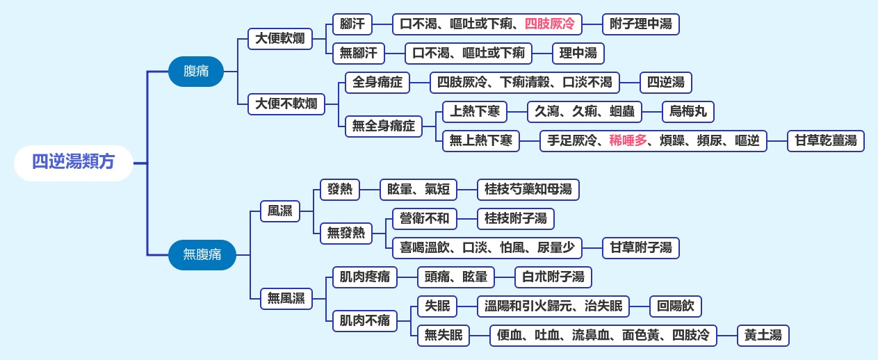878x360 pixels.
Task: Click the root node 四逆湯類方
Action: pos(73,163)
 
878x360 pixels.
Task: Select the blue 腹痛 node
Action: pos(195,71)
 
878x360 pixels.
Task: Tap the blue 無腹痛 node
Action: pos(202,254)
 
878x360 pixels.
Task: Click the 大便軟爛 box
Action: pos(279,38)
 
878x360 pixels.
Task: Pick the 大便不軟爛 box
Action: pos(286,104)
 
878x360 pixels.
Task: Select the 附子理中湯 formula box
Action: pos(640,24)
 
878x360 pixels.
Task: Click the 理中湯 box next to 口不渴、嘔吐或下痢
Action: pos(578,54)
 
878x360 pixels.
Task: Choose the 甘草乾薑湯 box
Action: pos(826,141)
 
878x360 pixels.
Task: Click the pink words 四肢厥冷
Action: pos(550,24)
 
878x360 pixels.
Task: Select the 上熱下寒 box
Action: pos(475,112)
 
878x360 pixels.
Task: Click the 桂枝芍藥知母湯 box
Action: pos(528,189)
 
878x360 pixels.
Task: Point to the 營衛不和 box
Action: pos(424,219)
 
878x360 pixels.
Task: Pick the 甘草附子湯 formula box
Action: pos(640,247)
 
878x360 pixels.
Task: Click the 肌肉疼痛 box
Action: pos(364,277)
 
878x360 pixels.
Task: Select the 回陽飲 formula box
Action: pos(675,306)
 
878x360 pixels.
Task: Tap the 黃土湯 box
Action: pos(763,336)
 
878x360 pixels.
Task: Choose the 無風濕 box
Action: pos(286,299)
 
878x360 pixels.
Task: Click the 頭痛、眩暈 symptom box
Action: pos(455,277)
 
